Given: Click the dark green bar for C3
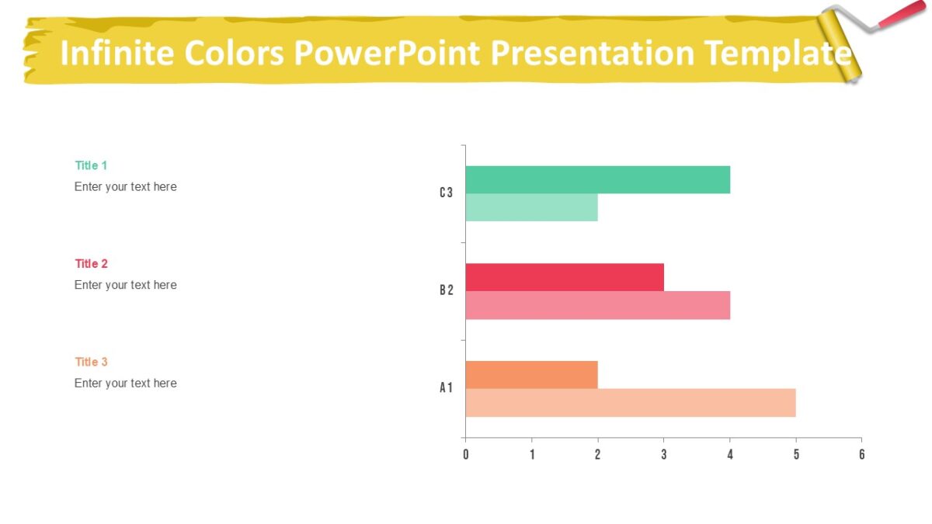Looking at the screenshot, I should coord(597,179).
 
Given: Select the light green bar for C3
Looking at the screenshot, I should coord(531,207).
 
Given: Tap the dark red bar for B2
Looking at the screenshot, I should coord(565,277).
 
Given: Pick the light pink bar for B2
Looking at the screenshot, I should coord(597,305).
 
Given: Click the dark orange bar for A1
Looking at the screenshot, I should coord(531,374).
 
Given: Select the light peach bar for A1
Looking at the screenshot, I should coord(630,403).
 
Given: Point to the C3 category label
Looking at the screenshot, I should coord(446,193).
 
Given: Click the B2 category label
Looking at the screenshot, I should coord(446,290).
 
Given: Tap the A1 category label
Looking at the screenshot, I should coord(446,387).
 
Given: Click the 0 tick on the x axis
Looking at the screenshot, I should coord(465,454).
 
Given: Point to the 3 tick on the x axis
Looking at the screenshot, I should coord(663,454).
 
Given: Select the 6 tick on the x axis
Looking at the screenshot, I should coord(861,454).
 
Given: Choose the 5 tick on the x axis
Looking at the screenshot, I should coord(795,454).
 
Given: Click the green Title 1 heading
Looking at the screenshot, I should coord(91,165).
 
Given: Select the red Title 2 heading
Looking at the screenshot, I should coord(91,264).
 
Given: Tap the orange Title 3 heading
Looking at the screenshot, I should coord(91,362).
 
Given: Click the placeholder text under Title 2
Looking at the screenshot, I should coord(125,285).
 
